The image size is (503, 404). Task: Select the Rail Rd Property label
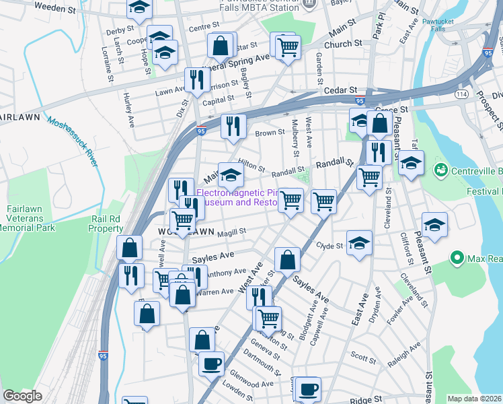point(106,224)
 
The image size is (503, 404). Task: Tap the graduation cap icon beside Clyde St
point(360,243)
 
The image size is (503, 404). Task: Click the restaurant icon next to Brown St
point(233,125)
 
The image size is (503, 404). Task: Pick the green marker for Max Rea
point(457,258)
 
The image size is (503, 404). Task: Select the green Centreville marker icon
point(441,168)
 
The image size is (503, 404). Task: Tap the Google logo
point(22,396)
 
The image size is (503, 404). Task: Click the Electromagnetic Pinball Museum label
point(245,197)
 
